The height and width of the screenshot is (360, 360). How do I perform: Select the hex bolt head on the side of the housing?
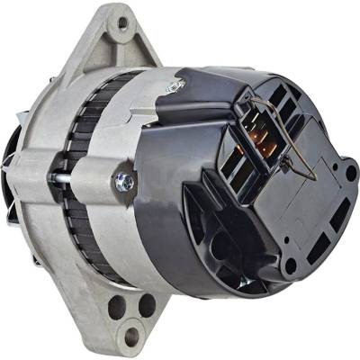(124, 182)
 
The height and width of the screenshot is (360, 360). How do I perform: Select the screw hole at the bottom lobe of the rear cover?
(290, 265)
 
